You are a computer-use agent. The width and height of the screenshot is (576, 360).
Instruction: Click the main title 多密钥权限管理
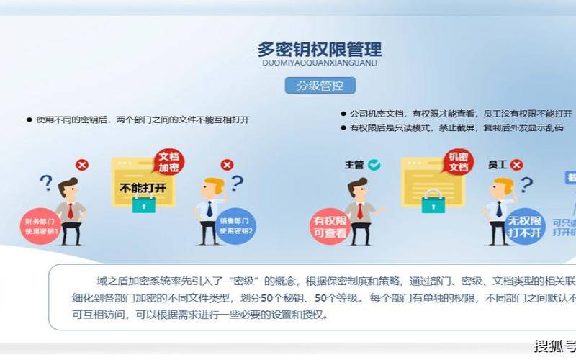[x=320, y=49]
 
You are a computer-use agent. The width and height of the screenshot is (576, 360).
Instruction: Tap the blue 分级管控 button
[x=320, y=86]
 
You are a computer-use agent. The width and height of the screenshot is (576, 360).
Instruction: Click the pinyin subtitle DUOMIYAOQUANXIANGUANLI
[x=320, y=63]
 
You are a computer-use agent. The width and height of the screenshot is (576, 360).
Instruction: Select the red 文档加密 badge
[x=169, y=161]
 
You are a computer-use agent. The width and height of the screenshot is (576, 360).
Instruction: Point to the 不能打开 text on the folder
[x=143, y=188]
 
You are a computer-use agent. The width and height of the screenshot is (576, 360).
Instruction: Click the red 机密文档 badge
[x=458, y=161]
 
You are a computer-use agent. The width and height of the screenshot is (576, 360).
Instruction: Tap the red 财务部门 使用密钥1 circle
[x=42, y=226]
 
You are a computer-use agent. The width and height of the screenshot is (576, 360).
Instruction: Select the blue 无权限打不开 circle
[x=525, y=226]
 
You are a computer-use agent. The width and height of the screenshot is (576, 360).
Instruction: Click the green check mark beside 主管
[x=374, y=165]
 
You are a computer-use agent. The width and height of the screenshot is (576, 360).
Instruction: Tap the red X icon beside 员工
[x=517, y=165]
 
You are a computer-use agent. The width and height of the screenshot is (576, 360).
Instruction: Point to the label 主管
[x=354, y=165]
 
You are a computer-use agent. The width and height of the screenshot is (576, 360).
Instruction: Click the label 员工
[x=498, y=165]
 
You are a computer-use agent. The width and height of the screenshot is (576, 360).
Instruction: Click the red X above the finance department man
[x=82, y=165]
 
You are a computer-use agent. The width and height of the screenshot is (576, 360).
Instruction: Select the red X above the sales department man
[x=227, y=165]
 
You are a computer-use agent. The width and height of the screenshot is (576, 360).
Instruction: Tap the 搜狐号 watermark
[x=554, y=346]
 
